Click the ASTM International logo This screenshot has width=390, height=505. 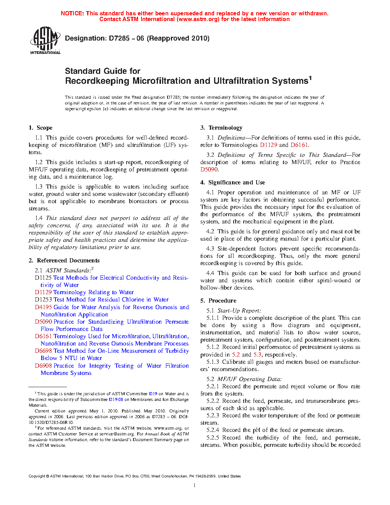click(45, 40)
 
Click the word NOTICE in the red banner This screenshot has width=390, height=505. click(72, 13)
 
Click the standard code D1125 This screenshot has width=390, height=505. click(43, 278)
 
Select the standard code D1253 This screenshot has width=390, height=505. click(43, 300)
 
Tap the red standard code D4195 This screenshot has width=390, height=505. click(43, 307)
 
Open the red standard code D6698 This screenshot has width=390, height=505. click(43, 351)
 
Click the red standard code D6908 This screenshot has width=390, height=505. click(43, 366)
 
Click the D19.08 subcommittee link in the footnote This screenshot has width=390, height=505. click(116, 399)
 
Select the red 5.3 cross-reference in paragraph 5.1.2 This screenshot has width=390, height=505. click(257, 355)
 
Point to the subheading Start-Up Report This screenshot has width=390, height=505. click(239, 311)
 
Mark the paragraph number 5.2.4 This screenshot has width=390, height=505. click(213, 430)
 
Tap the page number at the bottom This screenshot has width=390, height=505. click(195, 485)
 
